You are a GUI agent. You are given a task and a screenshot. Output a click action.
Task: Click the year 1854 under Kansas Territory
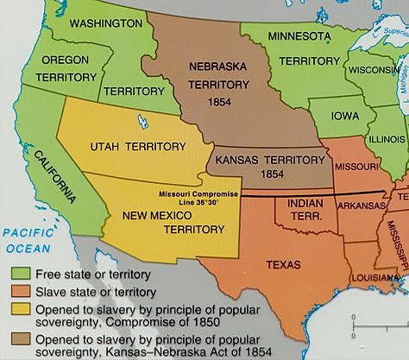click(261, 174)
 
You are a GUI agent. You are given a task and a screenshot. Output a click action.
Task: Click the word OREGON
click(61, 60)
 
